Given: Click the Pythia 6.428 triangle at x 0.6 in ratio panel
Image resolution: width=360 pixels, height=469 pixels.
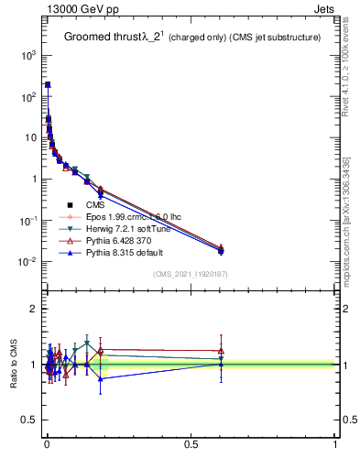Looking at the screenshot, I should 221,350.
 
